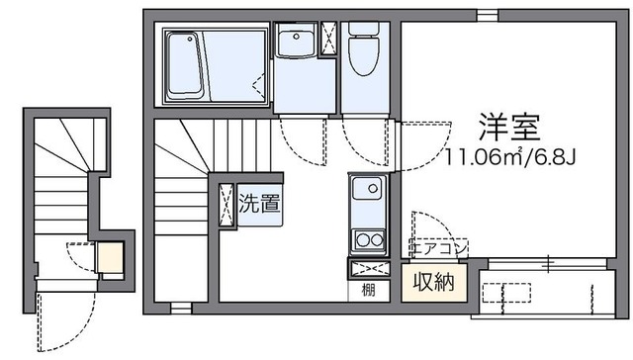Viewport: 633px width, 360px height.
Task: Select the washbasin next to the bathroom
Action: [x=295, y=44]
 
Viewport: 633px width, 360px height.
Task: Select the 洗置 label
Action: [x=258, y=205]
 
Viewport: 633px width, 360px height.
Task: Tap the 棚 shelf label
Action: [x=368, y=290]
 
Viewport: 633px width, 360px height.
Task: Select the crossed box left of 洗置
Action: [x=226, y=204]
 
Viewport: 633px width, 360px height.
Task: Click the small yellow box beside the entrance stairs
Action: [x=108, y=257]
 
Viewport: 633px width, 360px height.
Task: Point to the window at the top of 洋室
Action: [x=486, y=15]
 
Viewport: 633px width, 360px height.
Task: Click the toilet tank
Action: [x=362, y=32]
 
